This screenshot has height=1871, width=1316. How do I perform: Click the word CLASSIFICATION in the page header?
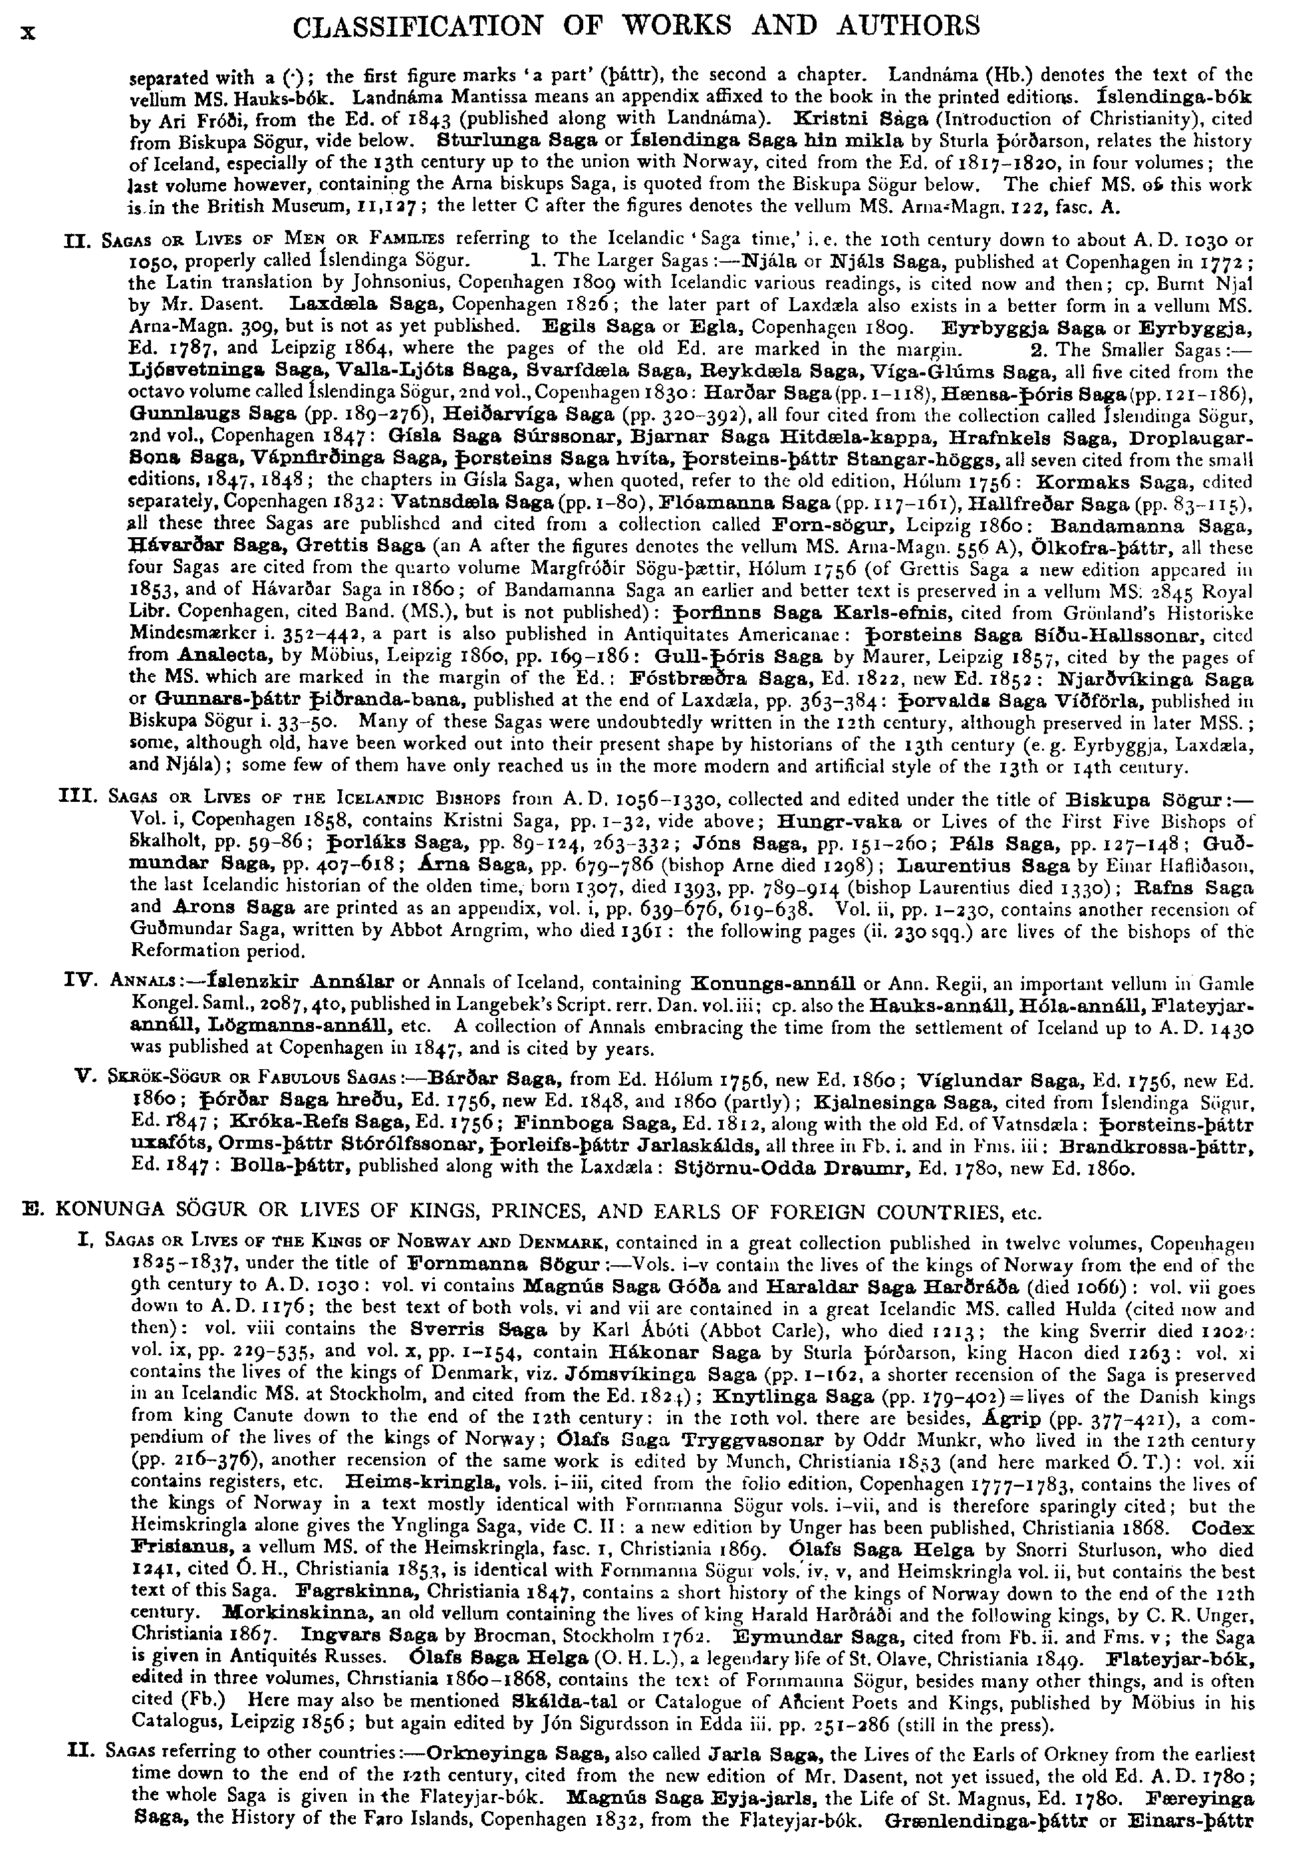click(417, 26)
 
